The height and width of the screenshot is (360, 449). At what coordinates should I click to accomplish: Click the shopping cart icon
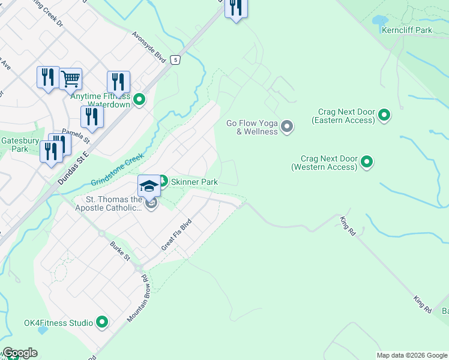pyautogui.click(x=71, y=78)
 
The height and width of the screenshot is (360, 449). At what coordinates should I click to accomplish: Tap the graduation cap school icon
pyautogui.click(x=149, y=185)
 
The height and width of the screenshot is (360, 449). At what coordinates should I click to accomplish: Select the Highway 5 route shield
pyautogui.click(x=175, y=59)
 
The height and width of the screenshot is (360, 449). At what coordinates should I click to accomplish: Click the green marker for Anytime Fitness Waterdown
pyautogui.click(x=139, y=100)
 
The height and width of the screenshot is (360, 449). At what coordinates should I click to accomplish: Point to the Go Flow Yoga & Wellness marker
pyautogui.click(x=287, y=126)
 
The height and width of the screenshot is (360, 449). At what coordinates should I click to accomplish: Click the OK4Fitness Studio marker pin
pyautogui.click(x=102, y=323)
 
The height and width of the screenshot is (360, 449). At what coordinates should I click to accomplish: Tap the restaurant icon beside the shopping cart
pyautogui.click(x=48, y=78)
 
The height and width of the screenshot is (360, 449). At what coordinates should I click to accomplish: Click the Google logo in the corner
pyautogui.click(x=20, y=353)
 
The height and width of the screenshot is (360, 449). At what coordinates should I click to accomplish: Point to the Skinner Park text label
pyautogui.click(x=194, y=182)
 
